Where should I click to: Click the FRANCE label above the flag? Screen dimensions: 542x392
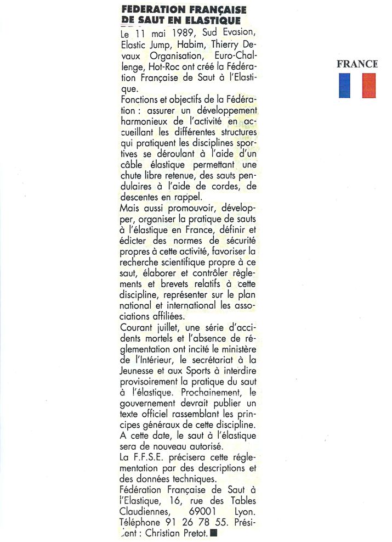[357, 64]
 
